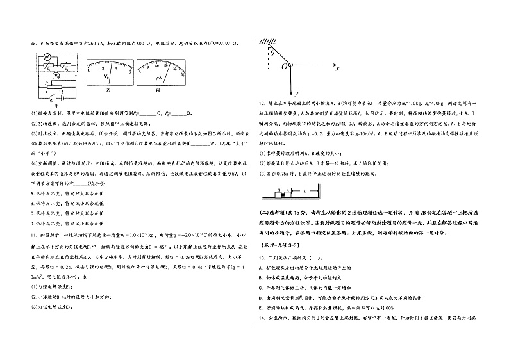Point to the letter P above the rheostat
(38, 83)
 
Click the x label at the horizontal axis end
(337, 67)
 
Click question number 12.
(262, 103)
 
